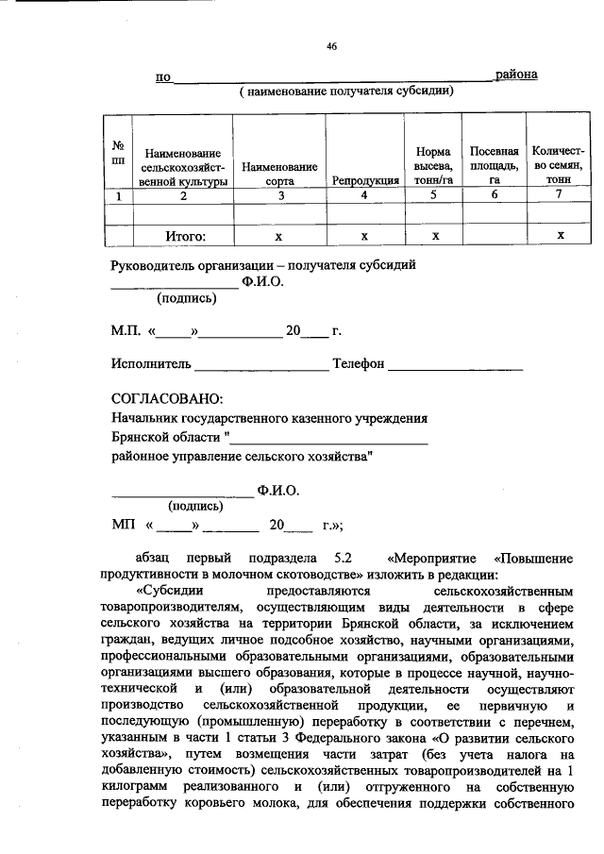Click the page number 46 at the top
[331, 45]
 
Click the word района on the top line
[517, 75]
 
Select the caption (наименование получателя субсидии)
[346, 92]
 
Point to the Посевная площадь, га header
[494, 165]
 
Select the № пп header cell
[119, 152]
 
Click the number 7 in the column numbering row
[559, 195]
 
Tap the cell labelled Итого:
[185, 236]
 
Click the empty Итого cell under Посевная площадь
[494, 236]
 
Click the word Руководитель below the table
[155, 265]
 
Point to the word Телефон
[358, 364]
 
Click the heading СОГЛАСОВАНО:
[167, 399]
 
